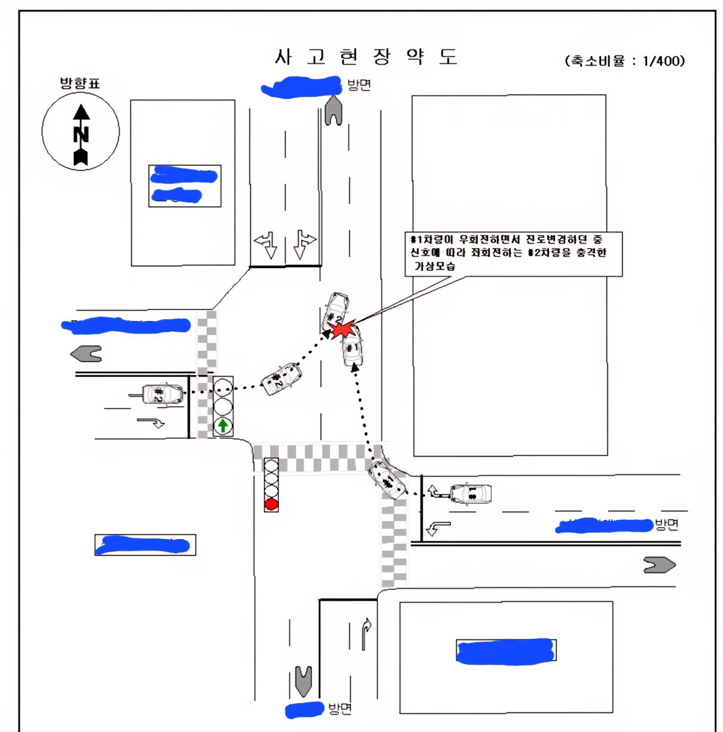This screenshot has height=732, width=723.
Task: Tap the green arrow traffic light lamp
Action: click(x=223, y=425)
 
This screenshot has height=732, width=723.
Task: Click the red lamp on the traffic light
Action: click(x=271, y=504)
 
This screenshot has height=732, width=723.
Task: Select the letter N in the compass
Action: click(x=81, y=134)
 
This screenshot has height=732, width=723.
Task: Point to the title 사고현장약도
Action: click(x=366, y=57)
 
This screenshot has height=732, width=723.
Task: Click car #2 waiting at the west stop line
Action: click(x=162, y=394)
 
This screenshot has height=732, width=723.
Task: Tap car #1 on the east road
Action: click(x=471, y=493)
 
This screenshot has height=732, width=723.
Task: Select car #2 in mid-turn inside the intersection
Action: click(x=281, y=379)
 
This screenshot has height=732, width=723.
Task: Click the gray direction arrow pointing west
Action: click(x=87, y=354)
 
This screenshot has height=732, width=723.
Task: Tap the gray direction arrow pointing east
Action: click(x=659, y=565)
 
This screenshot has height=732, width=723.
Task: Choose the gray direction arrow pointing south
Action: click(x=303, y=680)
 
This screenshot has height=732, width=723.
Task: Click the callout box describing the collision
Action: click(x=513, y=253)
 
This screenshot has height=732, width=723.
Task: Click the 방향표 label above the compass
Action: click(x=80, y=83)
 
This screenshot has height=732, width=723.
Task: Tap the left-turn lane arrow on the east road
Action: click(x=438, y=528)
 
